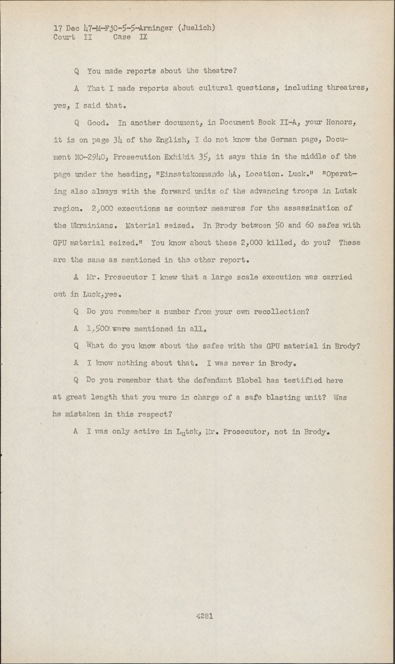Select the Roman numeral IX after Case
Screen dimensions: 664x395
pos(143,37)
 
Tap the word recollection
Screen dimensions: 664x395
pos(281,312)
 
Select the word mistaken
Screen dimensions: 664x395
pos(84,415)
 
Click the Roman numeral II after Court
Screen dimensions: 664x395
pos(87,37)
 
